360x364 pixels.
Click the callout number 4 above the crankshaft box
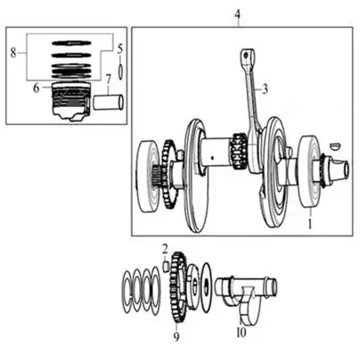tap(237, 14)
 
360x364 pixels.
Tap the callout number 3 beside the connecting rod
tap(265, 88)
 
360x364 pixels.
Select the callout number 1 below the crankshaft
tap(310, 224)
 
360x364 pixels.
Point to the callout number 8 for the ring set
tap(13, 53)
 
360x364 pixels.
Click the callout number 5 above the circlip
tap(120, 49)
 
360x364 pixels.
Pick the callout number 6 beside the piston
tap(36, 88)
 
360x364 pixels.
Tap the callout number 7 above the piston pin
tap(108, 79)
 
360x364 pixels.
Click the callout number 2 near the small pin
tap(165, 249)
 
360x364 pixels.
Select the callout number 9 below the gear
tap(176, 336)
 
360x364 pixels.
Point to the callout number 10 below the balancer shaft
tap(241, 332)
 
